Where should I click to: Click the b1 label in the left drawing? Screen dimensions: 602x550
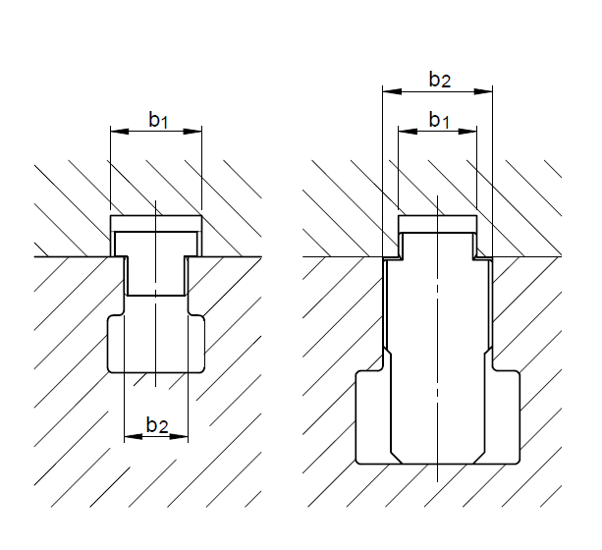pyautogui.click(x=158, y=120)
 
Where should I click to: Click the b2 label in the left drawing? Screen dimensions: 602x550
pyautogui.click(x=157, y=425)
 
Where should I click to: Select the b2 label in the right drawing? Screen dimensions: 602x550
pyautogui.click(x=440, y=80)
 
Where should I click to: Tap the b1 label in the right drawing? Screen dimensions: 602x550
pyautogui.click(x=439, y=120)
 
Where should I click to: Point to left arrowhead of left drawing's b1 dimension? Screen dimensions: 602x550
pyautogui.click(x=120, y=132)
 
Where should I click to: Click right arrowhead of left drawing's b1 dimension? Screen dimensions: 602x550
pyautogui.click(x=192, y=132)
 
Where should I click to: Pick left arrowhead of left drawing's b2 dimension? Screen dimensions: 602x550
pyautogui.click(x=134, y=437)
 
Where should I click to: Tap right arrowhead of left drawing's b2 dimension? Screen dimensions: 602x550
pyautogui.click(x=179, y=437)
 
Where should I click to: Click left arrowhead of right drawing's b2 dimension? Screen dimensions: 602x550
pyautogui.click(x=392, y=91)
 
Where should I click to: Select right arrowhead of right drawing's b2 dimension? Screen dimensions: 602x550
pyautogui.click(x=483, y=91)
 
